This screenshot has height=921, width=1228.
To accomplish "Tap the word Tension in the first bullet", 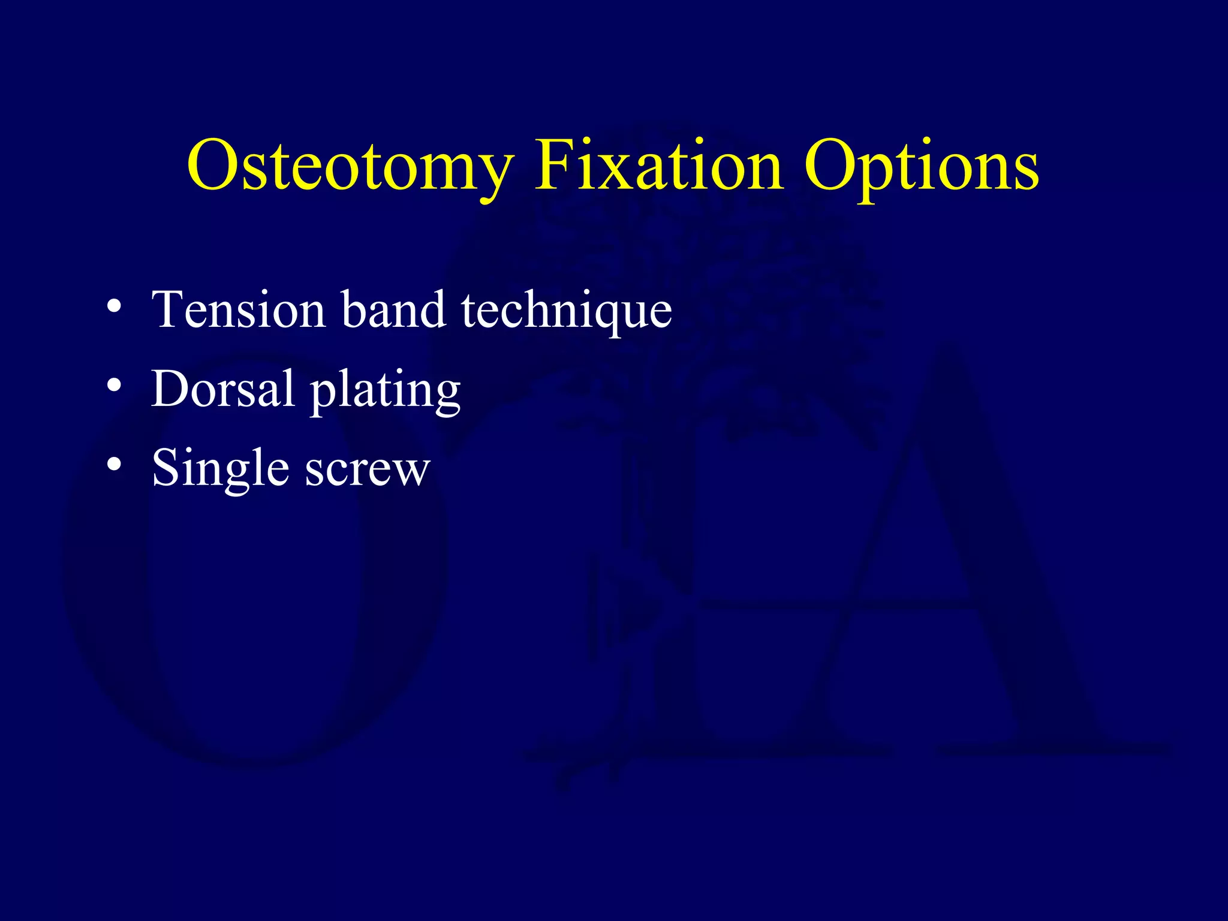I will (x=238, y=310).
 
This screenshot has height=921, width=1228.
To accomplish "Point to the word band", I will (x=393, y=310).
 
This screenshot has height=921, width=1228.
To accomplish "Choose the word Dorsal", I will (x=222, y=389).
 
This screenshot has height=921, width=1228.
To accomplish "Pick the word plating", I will (x=385, y=392).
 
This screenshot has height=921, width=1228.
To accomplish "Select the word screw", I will (x=368, y=471).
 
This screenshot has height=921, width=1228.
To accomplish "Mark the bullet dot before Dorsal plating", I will (x=114, y=386).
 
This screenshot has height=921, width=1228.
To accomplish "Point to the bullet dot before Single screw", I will (x=114, y=464).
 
